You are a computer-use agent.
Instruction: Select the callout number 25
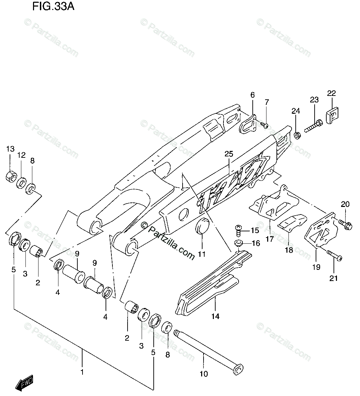tap(229, 154)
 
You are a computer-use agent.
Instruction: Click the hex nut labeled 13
tap(11, 176)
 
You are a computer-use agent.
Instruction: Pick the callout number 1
tap(82, 372)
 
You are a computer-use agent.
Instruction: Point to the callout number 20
tap(345, 204)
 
